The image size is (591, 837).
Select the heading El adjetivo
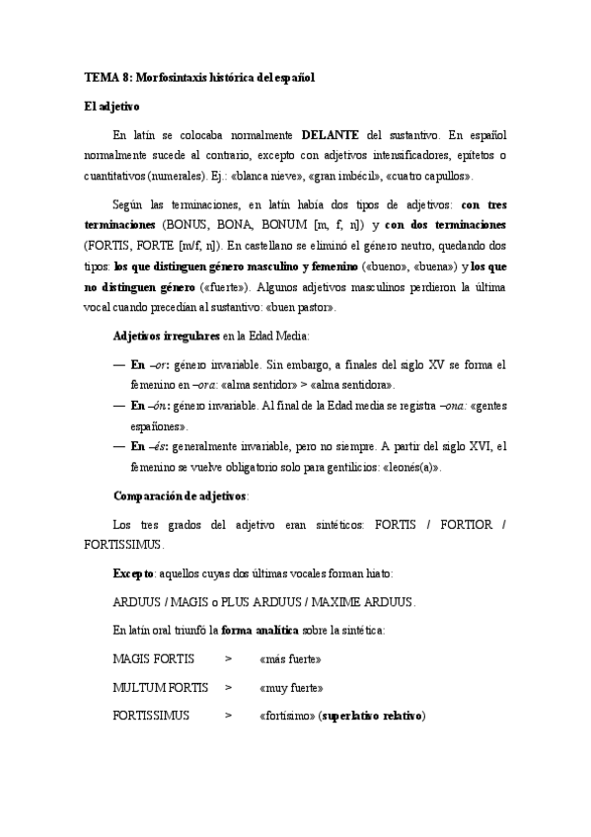(112, 105)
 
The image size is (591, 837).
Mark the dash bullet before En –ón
(119, 406)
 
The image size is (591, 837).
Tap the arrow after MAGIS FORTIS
(228, 657)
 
